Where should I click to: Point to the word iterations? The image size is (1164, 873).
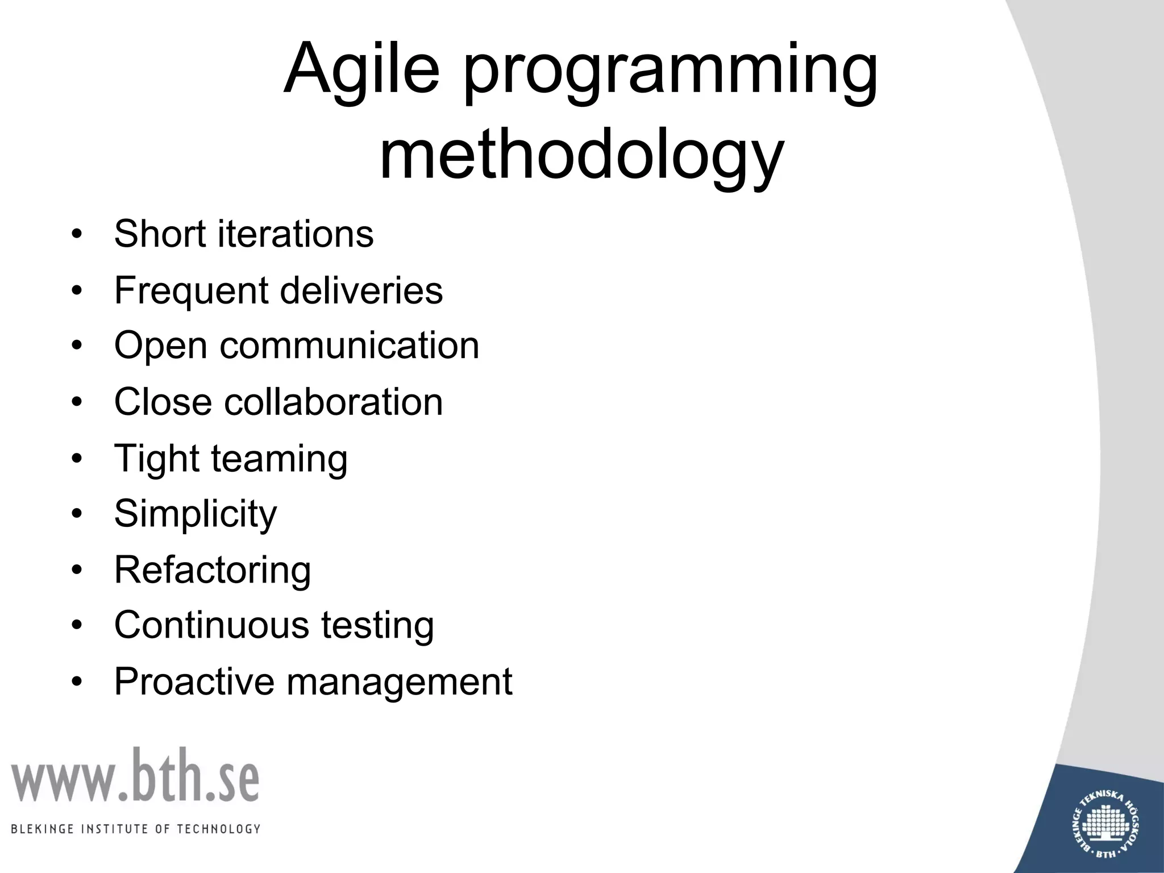[x=296, y=234]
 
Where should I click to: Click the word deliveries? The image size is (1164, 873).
[x=361, y=290]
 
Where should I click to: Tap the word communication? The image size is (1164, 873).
[x=350, y=346]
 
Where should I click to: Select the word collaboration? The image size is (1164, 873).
[x=334, y=402]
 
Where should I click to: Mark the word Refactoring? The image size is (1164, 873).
[x=213, y=570]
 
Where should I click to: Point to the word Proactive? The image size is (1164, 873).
[x=194, y=681]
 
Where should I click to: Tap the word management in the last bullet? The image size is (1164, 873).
[x=400, y=681]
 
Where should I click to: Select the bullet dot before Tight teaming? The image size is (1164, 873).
[x=77, y=458]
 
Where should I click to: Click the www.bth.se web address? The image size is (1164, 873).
[x=135, y=776]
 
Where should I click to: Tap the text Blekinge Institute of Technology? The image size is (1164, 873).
[x=135, y=829]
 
